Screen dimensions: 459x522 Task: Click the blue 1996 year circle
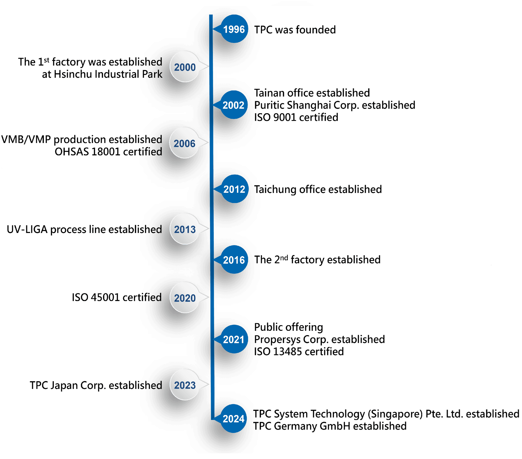(234, 29)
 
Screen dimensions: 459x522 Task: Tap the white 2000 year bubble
(185, 67)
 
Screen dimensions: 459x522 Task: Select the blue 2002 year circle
(233, 105)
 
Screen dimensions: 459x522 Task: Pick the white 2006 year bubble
(184, 143)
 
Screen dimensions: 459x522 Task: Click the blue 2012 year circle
(234, 189)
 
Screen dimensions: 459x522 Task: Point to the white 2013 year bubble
(185, 229)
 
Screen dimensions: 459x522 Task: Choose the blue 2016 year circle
(234, 260)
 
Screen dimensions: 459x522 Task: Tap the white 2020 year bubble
(185, 298)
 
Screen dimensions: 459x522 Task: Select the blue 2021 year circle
(234, 339)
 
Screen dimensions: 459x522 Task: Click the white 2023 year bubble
(185, 385)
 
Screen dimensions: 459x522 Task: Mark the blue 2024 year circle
(233, 419)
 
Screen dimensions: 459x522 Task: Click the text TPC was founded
(295, 30)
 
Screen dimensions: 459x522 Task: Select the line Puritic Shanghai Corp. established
(335, 105)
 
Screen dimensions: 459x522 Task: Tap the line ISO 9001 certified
(296, 117)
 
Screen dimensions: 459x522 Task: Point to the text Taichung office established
(318, 189)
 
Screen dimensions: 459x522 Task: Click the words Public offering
(289, 327)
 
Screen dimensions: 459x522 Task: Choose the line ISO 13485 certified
(299, 351)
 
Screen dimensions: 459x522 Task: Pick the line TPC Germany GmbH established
(330, 426)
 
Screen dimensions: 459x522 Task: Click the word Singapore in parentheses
(395, 414)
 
